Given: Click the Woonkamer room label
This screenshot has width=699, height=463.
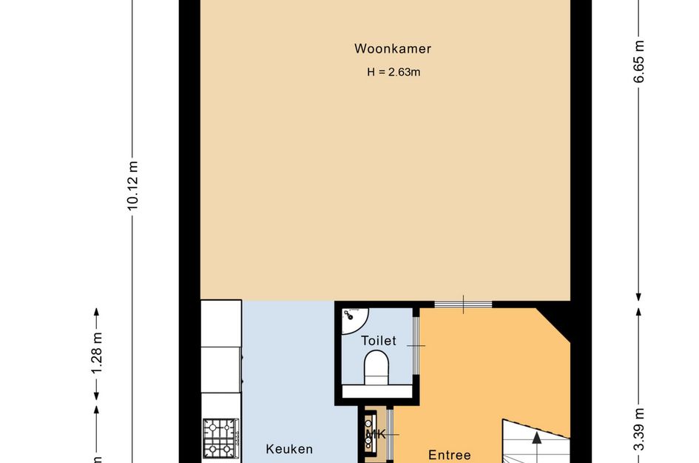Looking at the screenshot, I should click(x=392, y=50).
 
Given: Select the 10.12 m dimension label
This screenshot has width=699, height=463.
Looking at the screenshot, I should click(x=132, y=186).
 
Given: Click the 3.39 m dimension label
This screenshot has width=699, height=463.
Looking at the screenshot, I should click(x=639, y=429).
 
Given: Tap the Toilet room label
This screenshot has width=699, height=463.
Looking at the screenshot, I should click(x=379, y=341).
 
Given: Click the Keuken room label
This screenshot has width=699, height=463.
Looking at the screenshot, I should click(x=289, y=449).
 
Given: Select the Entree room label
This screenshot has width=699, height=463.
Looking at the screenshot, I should click(x=450, y=455).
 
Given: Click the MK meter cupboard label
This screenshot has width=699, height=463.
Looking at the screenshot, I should click(x=376, y=434).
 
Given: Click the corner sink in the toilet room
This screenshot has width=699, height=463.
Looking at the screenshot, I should click(x=351, y=317).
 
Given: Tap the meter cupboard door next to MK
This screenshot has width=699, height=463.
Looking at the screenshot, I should click(x=390, y=434).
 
